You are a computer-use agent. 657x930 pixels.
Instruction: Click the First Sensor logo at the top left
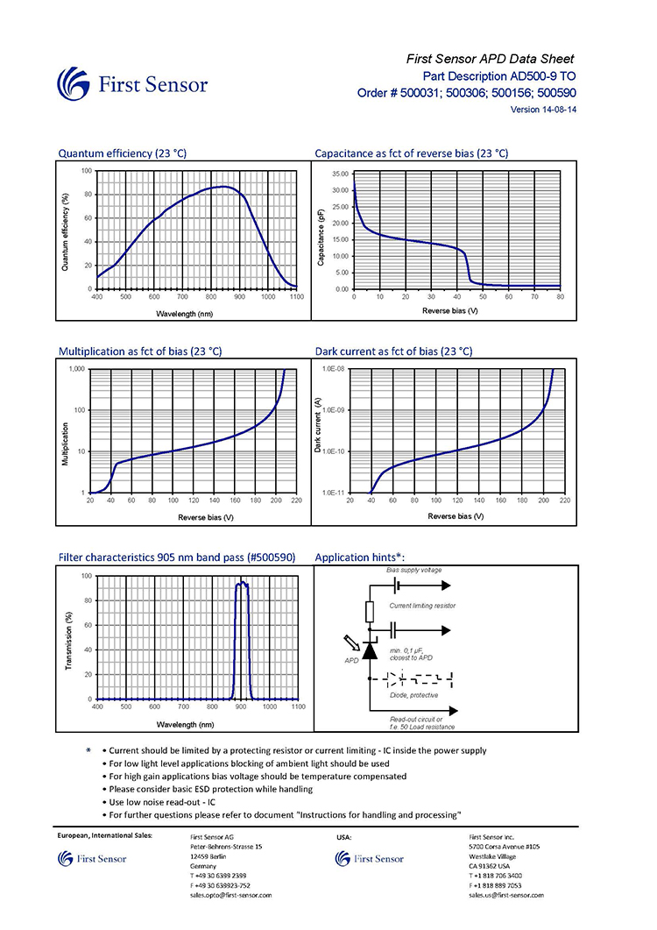(x=132, y=83)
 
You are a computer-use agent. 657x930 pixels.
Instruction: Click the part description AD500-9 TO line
(x=498, y=76)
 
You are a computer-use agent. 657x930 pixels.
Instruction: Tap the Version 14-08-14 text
(x=543, y=110)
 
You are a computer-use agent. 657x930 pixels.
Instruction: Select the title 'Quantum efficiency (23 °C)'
(x=122, y=153)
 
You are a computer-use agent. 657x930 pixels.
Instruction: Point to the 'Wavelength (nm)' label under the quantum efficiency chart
(x=185, y=314)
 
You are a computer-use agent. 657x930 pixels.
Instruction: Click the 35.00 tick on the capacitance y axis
(x=341, y=174)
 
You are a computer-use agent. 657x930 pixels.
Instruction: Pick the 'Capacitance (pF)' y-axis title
(x=321, y=238)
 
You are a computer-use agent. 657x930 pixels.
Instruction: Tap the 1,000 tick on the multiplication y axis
(x=77, y=369)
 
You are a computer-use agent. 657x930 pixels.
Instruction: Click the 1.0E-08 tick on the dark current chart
(x=333, y=369)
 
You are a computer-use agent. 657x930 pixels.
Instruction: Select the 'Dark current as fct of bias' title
(x=393, y=351)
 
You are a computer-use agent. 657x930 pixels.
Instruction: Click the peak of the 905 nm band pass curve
(x=241, y=583)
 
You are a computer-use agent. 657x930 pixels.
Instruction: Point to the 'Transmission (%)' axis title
(x=68, y=641)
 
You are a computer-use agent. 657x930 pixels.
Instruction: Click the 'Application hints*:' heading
(x=360, y=557)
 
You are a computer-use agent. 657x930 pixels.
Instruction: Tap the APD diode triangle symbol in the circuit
(x=370, y=650)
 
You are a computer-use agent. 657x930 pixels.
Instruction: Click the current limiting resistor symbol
(x=370, y=612)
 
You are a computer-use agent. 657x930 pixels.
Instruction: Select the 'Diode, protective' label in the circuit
(x=413, y=695)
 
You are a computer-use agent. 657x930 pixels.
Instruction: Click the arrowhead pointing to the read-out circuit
(x=454, y=711)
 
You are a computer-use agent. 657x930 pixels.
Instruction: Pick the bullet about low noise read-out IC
(x=159, y=802)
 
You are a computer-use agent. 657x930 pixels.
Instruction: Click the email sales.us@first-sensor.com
(x=506, y=895)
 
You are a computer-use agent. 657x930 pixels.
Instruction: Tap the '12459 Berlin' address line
(x=208, y=856)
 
